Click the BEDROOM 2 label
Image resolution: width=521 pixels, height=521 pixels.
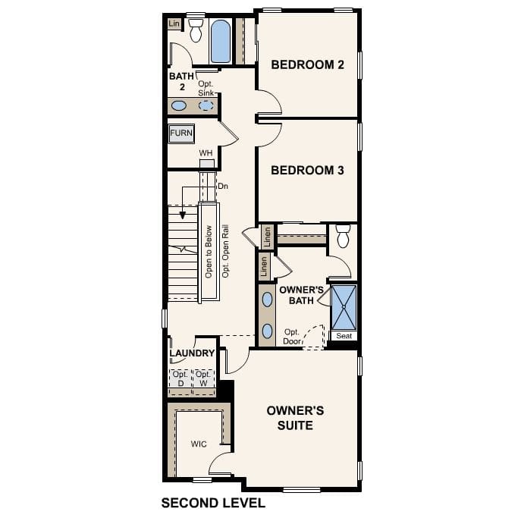307,65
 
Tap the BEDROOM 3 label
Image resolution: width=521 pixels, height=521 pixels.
307,171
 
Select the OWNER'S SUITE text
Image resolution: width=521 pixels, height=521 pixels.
295,418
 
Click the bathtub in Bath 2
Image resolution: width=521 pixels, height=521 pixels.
220,41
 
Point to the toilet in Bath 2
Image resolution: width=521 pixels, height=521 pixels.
196,31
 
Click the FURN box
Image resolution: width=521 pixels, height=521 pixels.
181,133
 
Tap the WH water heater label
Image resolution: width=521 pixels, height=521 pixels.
206,153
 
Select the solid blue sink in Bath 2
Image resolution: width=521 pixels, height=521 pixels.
179,105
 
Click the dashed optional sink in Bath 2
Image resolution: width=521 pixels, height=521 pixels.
206,105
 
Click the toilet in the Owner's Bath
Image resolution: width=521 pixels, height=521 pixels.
343,237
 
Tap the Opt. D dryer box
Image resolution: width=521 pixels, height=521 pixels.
180,379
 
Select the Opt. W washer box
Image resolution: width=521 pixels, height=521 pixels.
202,379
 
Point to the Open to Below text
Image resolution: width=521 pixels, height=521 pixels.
209,252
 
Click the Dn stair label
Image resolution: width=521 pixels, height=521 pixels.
222,186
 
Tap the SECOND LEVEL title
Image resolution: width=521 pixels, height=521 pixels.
213,503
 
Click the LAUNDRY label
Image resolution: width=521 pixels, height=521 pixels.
192,353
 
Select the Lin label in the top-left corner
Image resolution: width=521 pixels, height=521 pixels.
174,24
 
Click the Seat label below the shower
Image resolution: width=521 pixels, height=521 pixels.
343,336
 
